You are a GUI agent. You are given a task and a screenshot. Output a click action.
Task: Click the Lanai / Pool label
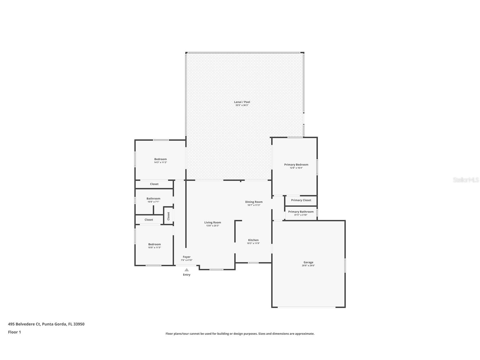tap(242, 102)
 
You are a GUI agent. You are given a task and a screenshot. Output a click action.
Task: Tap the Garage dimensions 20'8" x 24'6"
tap(308, 265)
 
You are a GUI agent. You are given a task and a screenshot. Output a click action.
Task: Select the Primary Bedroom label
tap(296, 164)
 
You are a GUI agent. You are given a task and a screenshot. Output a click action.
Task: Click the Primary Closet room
tap(301, 200)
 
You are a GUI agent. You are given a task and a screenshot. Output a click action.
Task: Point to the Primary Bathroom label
tap(301, 212)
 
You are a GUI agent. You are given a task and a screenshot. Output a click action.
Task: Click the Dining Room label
tap(254, 202)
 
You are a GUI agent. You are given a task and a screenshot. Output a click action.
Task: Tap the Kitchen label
tap(253, 240)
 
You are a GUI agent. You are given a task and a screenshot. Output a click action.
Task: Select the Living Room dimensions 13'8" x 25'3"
tap(212, 226)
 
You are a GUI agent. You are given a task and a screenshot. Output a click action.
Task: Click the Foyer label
tap(186, 257)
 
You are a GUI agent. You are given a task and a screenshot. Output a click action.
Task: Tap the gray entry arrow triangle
tap(186, 270)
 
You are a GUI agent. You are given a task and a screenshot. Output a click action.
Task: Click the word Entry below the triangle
tap(186, 275)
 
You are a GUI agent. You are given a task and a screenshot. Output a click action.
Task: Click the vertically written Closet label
tap(168, 216)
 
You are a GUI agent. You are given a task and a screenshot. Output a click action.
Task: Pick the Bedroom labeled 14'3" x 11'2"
tap(160, 159)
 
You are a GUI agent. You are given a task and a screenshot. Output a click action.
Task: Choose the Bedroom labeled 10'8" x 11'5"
tap(154, 244)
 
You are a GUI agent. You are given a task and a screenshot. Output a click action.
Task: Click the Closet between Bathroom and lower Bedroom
tap(149, 220)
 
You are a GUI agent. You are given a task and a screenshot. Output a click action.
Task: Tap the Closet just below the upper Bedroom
tap(154, 184)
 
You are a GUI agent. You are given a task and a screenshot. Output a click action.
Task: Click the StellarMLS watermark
tap(466, 180)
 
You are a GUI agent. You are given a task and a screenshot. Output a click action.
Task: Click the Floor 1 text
tap(14, 332)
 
